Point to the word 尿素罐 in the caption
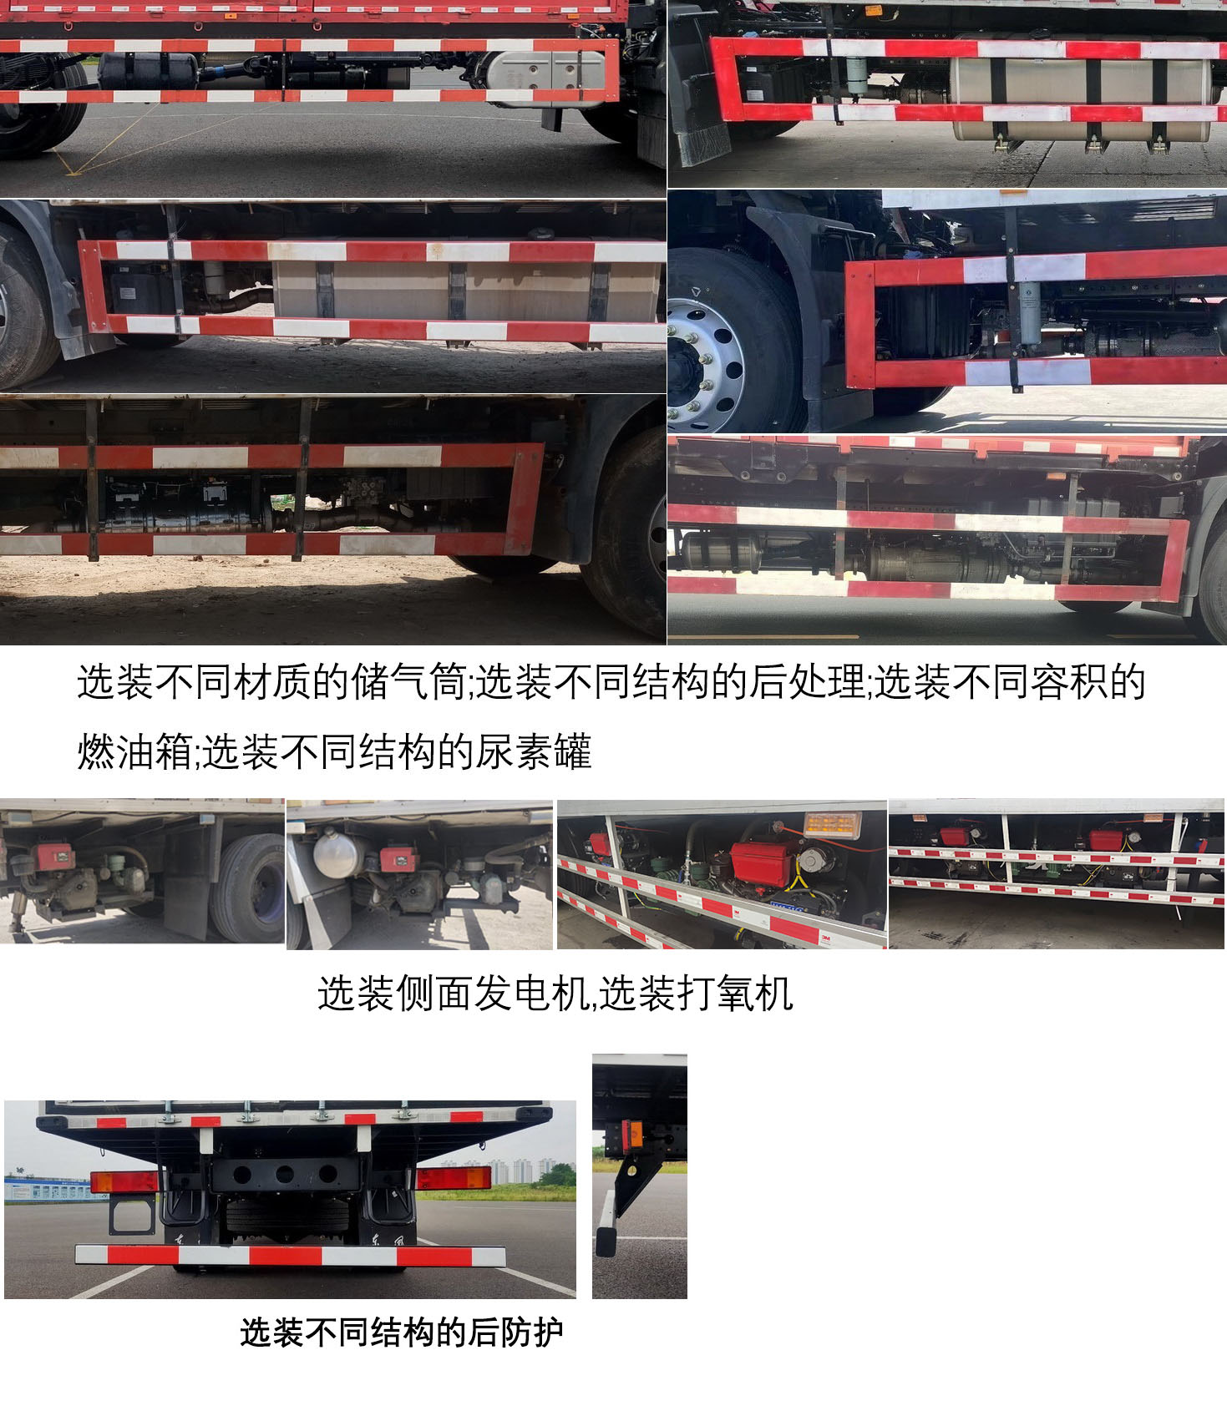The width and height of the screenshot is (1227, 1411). (534, 751)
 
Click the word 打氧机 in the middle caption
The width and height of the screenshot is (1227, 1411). (735, 994)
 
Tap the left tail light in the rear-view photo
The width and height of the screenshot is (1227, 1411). (124, 1181)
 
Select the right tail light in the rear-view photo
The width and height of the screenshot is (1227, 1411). (454, 1177)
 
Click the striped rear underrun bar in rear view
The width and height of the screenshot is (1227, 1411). (290, 1255)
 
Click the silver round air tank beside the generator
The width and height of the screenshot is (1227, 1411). (337, 853)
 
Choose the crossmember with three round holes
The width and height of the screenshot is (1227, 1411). (285, 1174)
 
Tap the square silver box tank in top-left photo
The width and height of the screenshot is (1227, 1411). (546, 77)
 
